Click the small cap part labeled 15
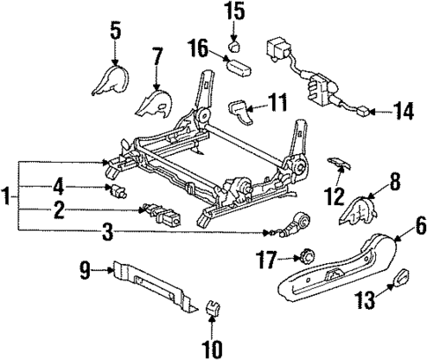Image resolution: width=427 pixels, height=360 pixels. point(235,43)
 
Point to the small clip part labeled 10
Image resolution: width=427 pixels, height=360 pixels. point(211,308)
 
